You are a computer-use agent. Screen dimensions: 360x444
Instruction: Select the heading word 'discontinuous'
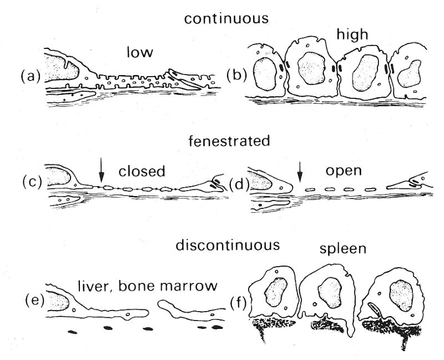tap(226, 245)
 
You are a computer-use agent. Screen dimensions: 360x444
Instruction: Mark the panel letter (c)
tap(32, 182)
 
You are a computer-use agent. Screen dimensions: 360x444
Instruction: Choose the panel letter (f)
tap(239, 303)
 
